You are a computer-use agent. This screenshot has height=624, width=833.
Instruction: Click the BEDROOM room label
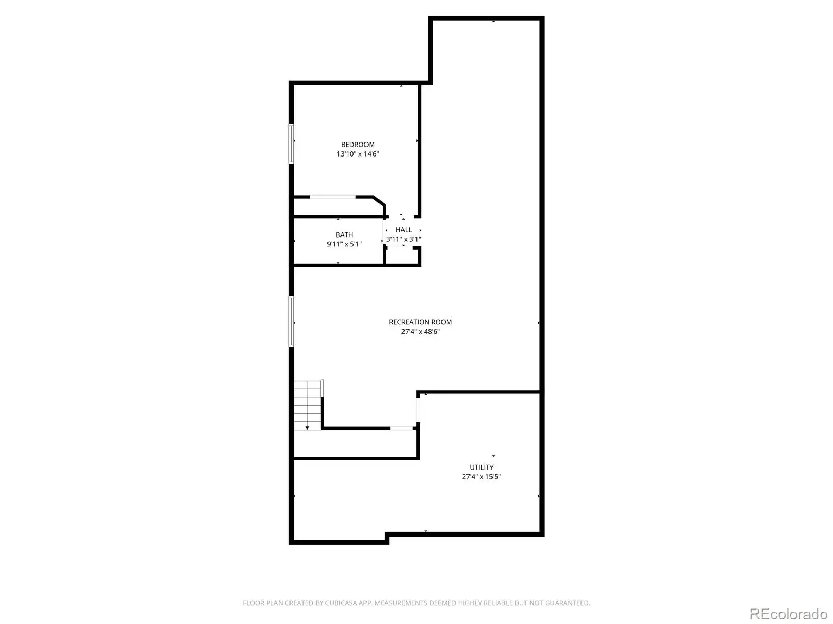coord(358,145)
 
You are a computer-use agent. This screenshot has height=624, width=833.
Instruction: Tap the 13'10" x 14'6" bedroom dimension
coord(358,154)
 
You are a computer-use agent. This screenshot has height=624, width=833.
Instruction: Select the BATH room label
coord(344,235)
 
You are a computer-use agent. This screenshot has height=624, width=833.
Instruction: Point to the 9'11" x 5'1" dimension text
coord(344,244)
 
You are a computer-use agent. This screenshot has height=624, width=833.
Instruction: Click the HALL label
coord(403,230)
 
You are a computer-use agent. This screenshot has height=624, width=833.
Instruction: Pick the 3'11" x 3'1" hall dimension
coord(403,239)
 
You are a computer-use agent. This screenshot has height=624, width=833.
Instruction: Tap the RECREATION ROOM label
coord(420,322)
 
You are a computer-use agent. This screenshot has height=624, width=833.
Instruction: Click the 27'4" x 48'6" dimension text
coord(420,332)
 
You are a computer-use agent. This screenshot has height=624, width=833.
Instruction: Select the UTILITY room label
coord(481,467)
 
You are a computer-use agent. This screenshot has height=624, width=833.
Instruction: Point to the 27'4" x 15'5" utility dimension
coord(481,477)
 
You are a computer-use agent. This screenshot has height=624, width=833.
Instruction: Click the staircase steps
coord(307,405)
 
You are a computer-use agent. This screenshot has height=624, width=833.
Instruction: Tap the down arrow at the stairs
coord(307,428)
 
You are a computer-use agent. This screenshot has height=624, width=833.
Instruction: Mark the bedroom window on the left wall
coord(291,144)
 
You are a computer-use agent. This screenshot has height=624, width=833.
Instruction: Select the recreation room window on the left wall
coord(291,321)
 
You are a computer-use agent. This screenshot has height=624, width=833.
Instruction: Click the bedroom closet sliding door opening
coord(333,197)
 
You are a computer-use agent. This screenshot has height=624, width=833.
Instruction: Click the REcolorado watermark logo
coord(788,614)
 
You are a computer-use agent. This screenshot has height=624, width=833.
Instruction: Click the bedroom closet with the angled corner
coord(338,207)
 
